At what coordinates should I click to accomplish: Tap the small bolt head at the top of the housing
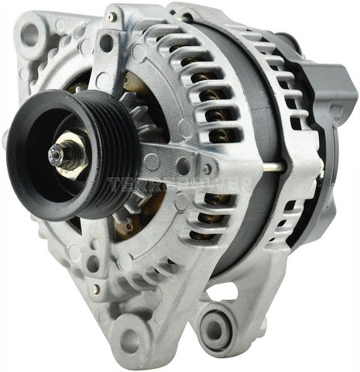(111, 16)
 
